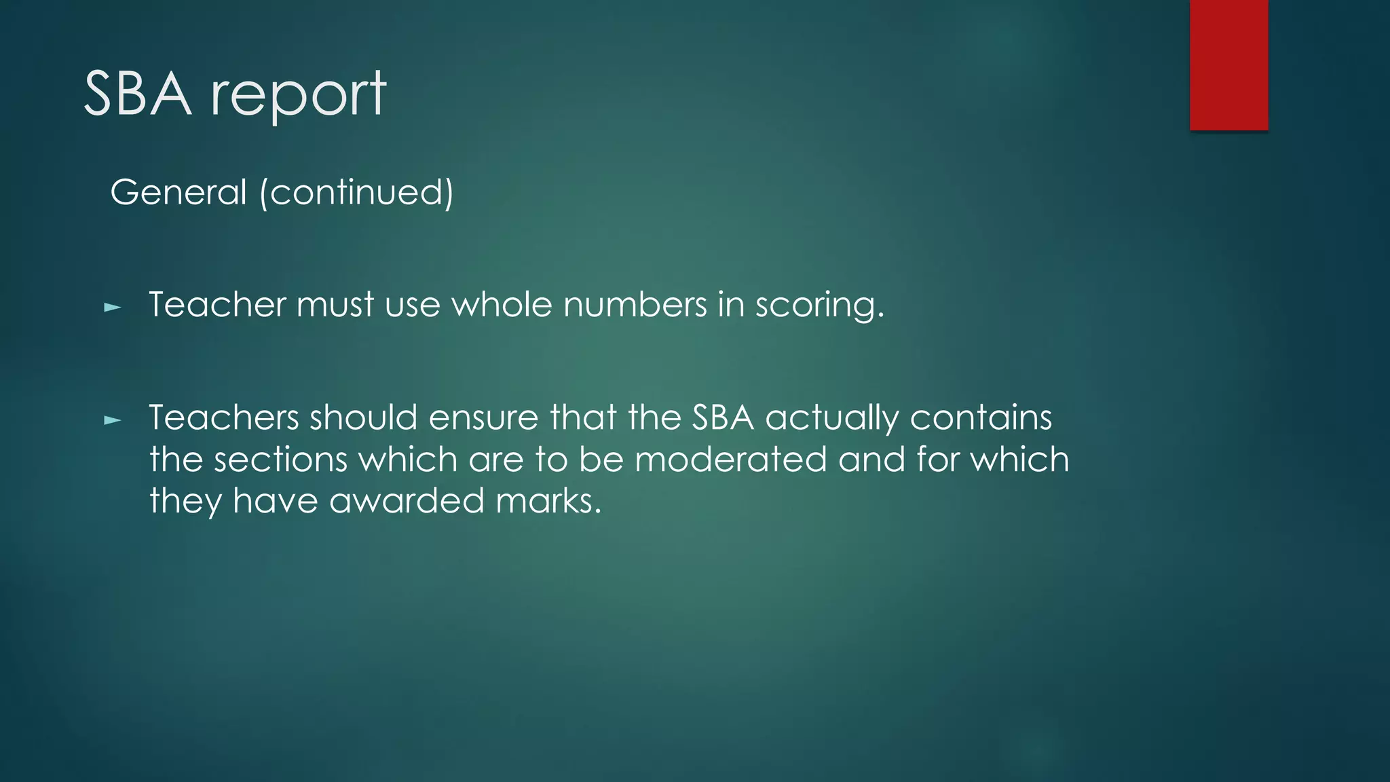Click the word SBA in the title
(137, 94)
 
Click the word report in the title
(299, 95)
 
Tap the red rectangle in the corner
(1228, 64)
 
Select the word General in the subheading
(179, 192)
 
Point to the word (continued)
(356, 192)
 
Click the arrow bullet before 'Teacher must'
(113, 308)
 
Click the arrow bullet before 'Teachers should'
(113, 421)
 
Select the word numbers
(635, 304)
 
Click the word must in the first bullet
(335, 304)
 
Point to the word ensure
(483, 417)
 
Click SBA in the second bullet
(723, 417)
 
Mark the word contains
(981, 417)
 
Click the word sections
(280, 460)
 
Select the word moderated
(731, 460)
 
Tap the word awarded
(407, 501)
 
